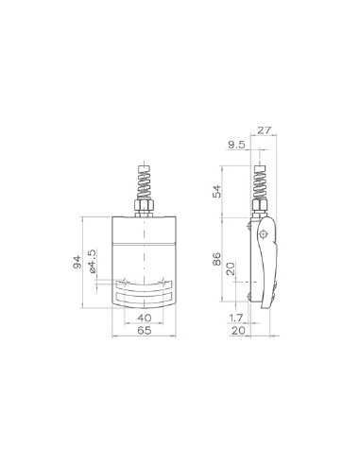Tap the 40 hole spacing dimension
(144, 319)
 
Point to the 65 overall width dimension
(144, 333)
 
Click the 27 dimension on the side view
(264, 131)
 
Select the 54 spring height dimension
(218, 192)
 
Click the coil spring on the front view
(144, 181)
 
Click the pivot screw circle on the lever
(264, 232)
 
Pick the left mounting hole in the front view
(125, 282)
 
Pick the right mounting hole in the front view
(163, 282)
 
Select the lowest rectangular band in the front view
(144, 299)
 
